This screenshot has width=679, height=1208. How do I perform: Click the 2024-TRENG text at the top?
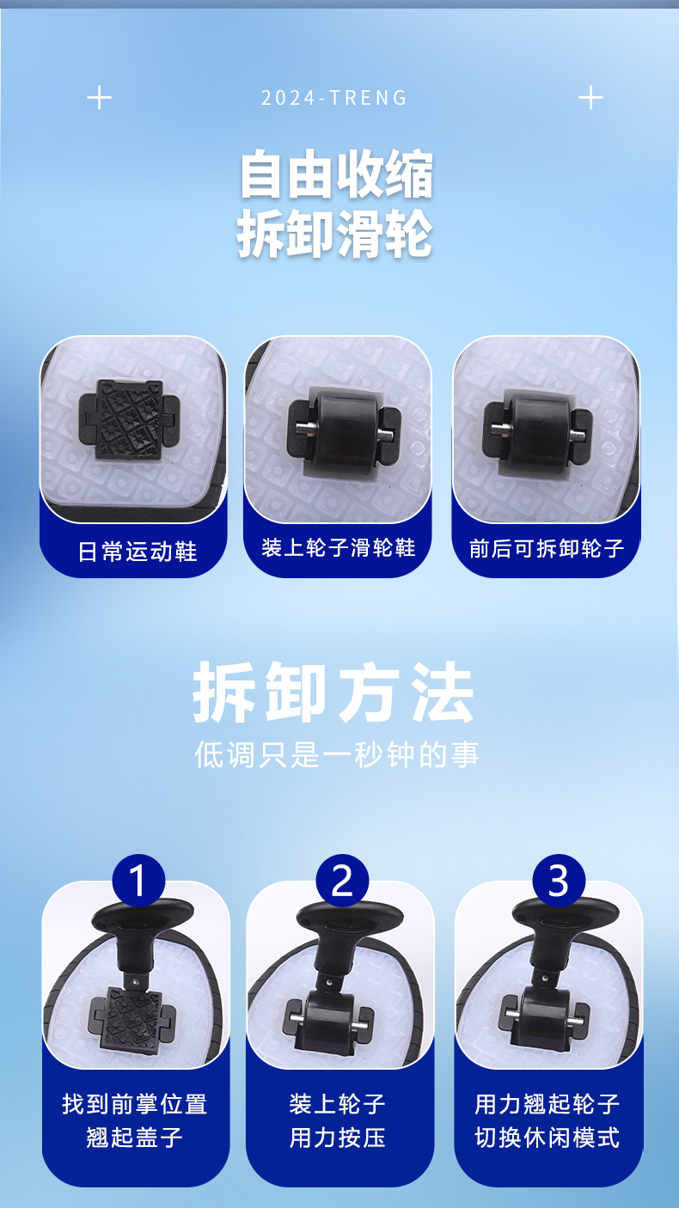(x=333, y=98)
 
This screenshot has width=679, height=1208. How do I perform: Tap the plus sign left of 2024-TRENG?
(x=99, y=98)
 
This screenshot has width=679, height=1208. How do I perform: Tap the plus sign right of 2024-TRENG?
(x=590, y=98)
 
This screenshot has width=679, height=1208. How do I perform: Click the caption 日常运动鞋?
(x=138, y=552)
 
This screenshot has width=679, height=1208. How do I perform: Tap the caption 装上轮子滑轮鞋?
(x=338, y=548)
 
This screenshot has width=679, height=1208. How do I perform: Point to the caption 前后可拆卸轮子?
(x=547, y=548)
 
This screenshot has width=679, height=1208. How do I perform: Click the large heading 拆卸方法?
(x=333, y=692)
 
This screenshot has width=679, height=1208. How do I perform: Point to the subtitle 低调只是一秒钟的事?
(x=337, y=753)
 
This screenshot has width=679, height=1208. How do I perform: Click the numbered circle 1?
(x=138, y=881)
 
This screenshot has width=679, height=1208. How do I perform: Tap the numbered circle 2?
(x=342, y=881)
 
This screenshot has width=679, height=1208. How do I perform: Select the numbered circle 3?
(x=559, y=881)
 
